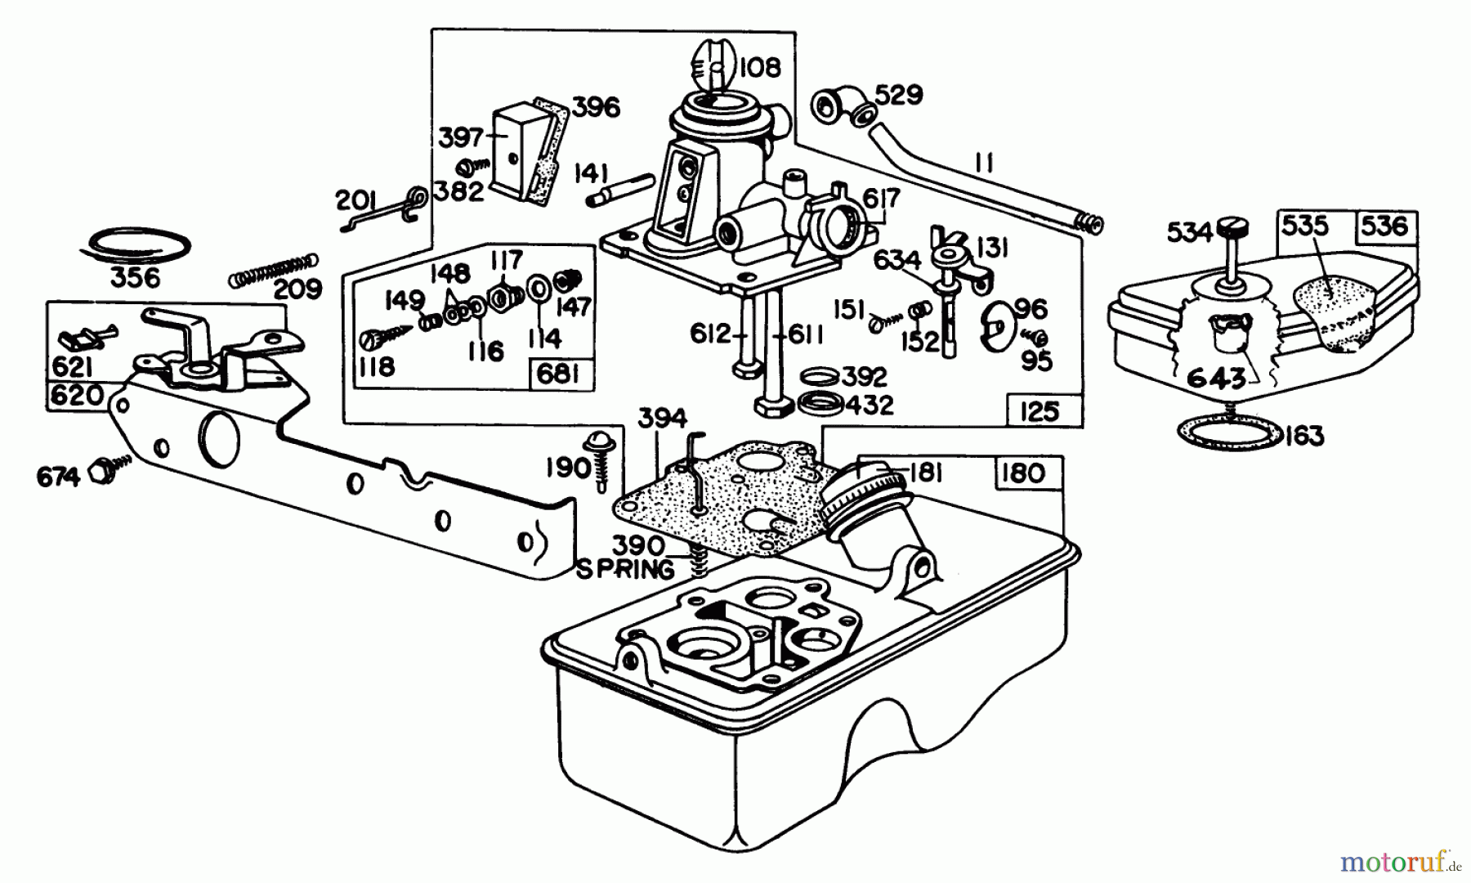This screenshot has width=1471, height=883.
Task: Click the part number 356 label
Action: [136, 277]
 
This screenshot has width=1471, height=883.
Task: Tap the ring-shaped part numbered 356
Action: [140, 244]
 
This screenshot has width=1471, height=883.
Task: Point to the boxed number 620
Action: [77, 396]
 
